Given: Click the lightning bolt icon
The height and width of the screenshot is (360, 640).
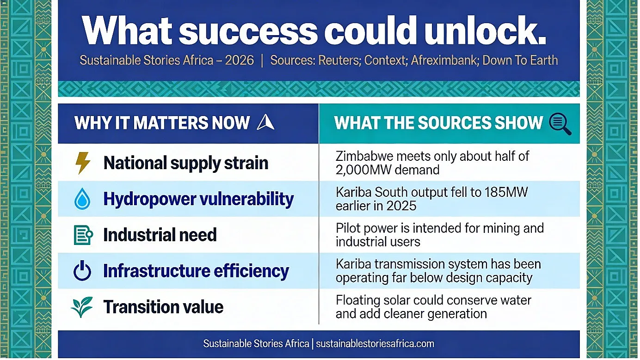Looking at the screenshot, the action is click(x=83, y=163).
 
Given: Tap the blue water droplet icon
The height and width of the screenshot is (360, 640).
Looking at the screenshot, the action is click(x=82, y=199).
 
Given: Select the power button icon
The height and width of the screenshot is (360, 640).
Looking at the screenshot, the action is click(x=82, y=270).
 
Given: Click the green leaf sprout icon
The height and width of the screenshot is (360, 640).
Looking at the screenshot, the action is click(x=82, y=307).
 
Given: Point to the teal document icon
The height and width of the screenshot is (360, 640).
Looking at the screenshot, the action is click(x=83, y=235).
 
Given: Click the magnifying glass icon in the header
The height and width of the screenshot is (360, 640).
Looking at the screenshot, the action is click(x=560, y=124).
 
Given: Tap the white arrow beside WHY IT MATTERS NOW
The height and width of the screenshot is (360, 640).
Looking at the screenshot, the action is click(x=265, y=122).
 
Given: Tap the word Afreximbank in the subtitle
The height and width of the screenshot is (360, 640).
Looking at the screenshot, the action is click(x=444, y=60).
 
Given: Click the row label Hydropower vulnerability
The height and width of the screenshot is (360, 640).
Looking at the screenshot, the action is click(x=198, y=199).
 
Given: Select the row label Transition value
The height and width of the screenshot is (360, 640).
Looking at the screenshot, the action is click(x=163, y=307).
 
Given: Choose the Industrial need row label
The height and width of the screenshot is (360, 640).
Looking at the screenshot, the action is click(x=160, y=235).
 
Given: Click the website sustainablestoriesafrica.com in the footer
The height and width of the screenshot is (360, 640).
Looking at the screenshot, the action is click(x=375, y=343).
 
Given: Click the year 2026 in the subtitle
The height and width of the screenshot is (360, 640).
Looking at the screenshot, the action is click(x=240, y=60).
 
